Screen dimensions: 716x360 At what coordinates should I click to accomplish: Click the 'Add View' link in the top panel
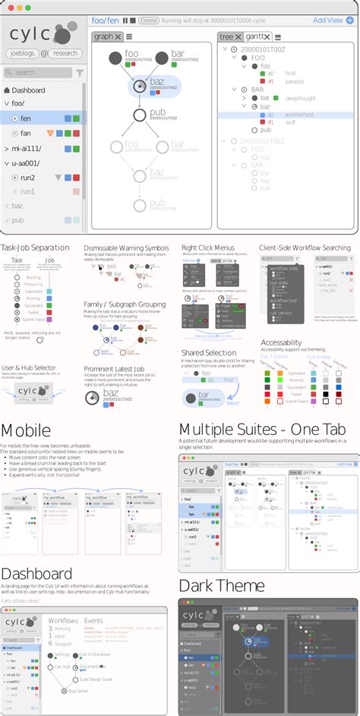pos(327,21)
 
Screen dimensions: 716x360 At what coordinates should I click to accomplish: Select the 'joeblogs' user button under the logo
pos(23,53)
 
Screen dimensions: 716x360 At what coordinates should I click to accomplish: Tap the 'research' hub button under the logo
pos(65,53)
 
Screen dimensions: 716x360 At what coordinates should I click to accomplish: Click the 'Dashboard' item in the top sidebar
pos(28,90)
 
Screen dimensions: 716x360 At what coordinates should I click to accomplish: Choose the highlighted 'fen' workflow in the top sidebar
pos(26,118)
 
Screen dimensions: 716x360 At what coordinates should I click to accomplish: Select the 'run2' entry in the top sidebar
pos(28,178)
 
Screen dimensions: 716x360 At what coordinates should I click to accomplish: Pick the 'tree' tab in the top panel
pos(226,36)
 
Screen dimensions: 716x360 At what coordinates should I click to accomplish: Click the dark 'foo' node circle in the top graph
pos(115,57)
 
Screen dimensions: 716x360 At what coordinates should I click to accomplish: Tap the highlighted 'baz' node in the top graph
pos(140,87)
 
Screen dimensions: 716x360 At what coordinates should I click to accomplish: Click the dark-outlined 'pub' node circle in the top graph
pos(139,115)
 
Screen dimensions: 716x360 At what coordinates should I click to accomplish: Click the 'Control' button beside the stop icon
pos(150,21)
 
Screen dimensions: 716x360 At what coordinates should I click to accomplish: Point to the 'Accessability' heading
pos(286,343)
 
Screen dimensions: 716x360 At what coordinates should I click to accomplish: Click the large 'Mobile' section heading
pos(26,431)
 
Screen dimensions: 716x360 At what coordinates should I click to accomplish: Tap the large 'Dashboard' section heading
pos(36,574)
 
